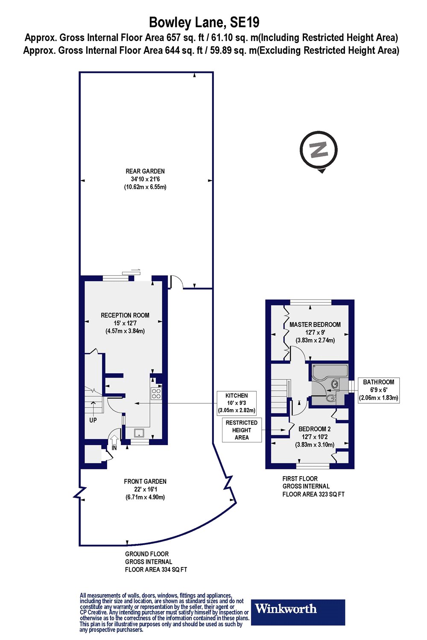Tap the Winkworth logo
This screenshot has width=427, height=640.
click(x=298, y=609)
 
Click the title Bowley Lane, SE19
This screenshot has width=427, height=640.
click(x=204, y=22)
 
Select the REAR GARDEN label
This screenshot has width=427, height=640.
click(x=145, y=171)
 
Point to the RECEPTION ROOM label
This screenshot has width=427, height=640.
click(x=125, y=315)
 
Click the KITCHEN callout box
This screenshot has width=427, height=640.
click(x=237, y=403)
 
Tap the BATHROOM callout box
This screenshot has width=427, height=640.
click(x=378, y=390)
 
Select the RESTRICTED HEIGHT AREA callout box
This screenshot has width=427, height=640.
click(x=242, y=430)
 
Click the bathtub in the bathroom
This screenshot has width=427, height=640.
click(x=330, y=372)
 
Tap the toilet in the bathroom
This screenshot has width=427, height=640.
click(x=332, y=397)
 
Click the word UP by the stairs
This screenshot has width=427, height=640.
click(x=93, y=420)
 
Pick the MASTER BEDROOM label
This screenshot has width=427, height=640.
click(x=315, y=325)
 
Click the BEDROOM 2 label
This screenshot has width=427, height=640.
click(x=315, y=429)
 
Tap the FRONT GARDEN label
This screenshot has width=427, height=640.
click(x=145, y=481)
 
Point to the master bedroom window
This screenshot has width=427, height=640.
click(x=310, y=302)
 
